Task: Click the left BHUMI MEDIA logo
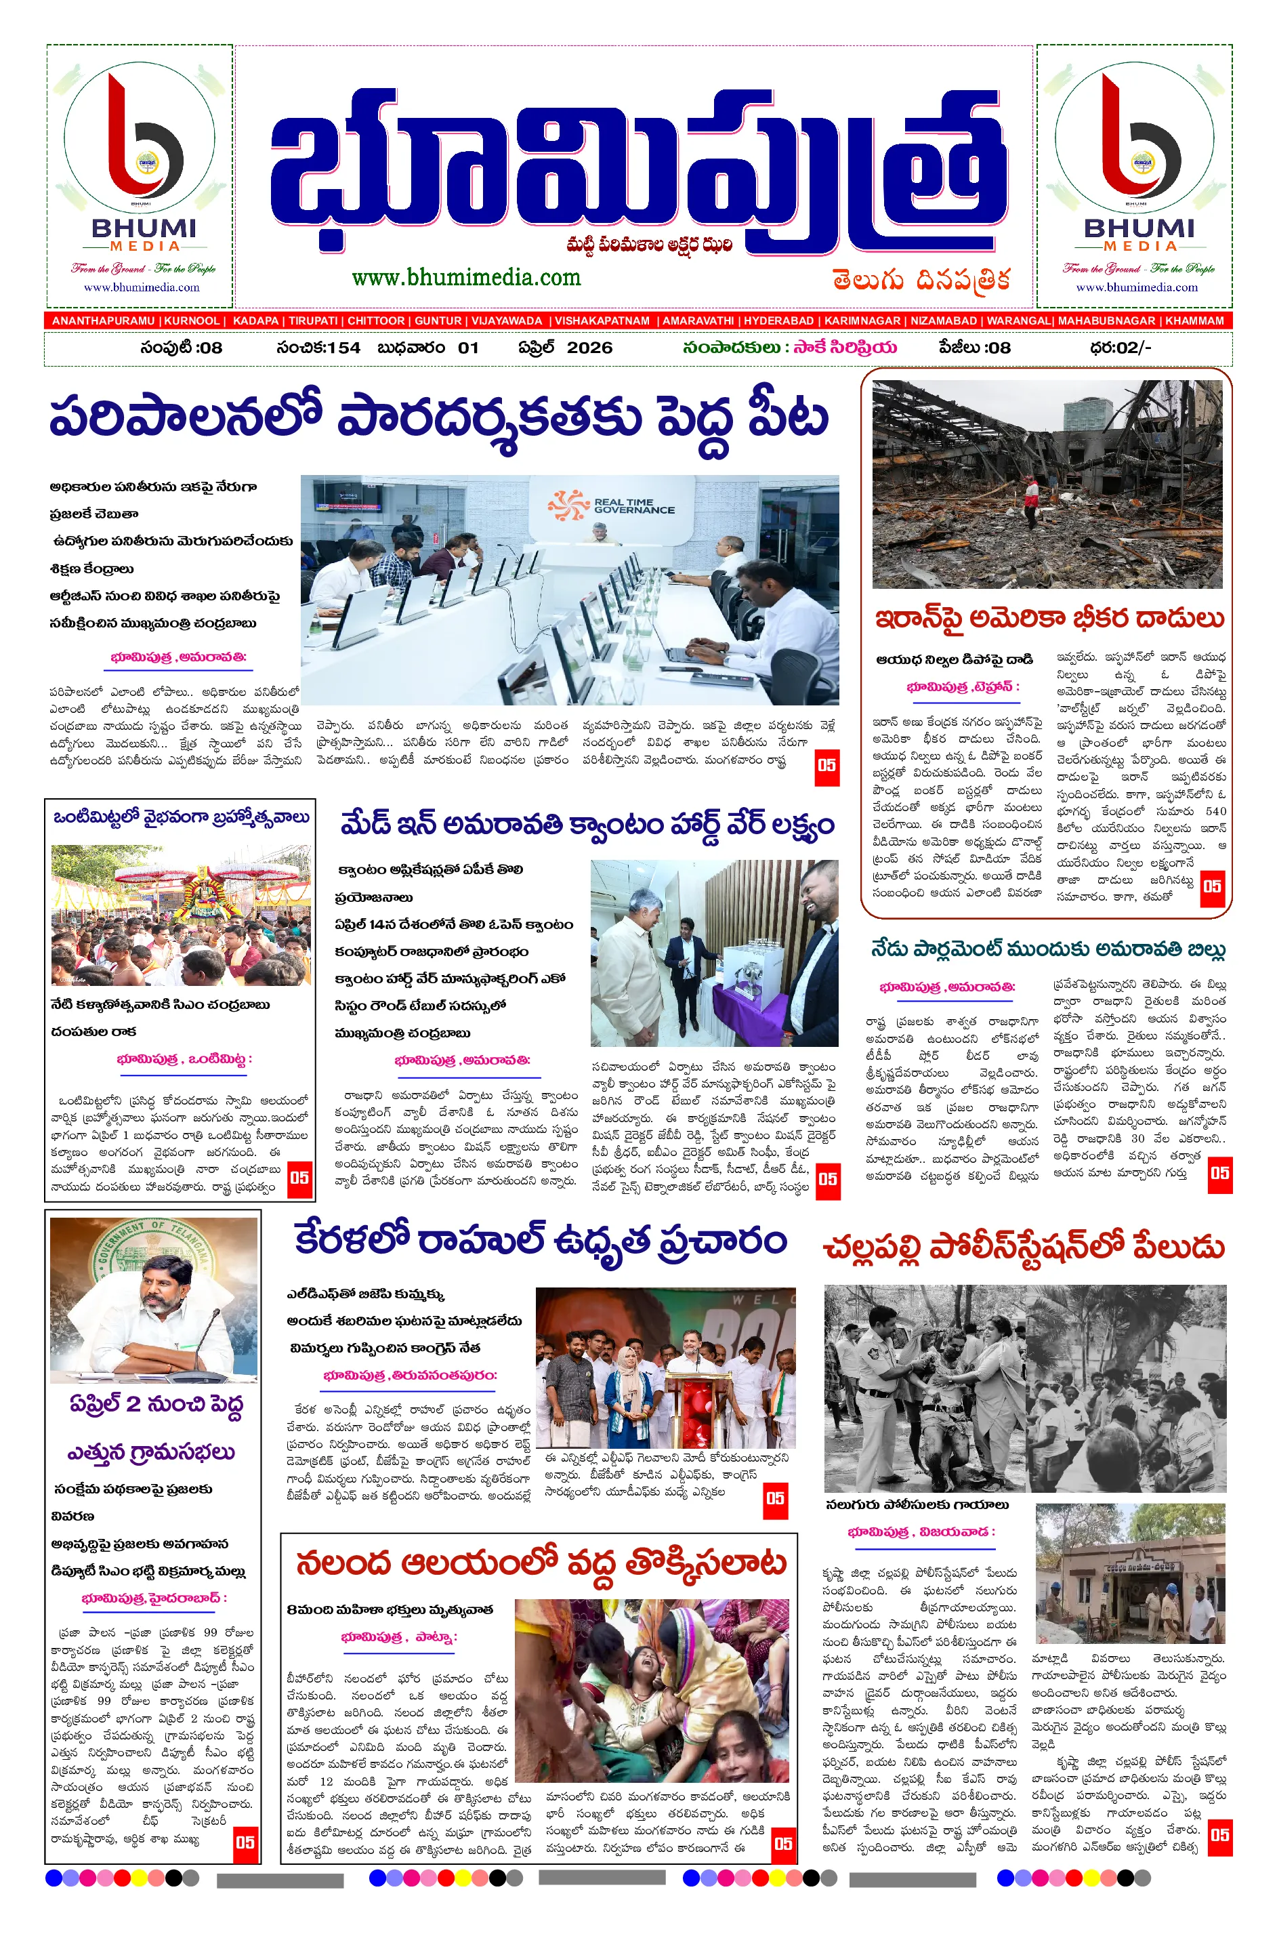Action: [x=140, y=175]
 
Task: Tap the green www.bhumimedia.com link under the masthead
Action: [x=466, y=278]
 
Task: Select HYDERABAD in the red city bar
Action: [x=778, y=321]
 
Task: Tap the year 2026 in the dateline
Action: [x=589, y=348]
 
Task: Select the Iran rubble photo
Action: [x=1047, y=484]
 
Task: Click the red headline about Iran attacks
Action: [x=1049, y=619]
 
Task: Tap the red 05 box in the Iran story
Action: [x=1211, y=886]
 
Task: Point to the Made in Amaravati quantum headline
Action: [x=587, y=825]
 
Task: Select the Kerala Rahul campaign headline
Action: [x=540, y=1241]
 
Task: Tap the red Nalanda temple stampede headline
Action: [x=541, y=1563]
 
